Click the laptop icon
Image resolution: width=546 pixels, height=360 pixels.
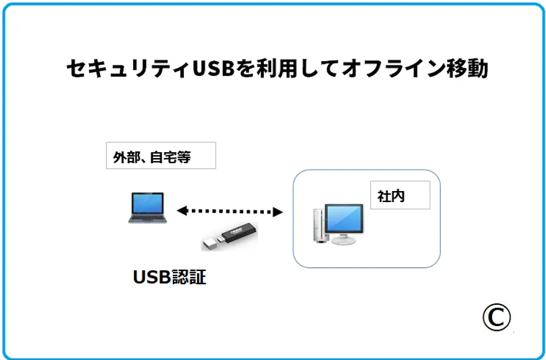pyautogui.click(x=148, y=207)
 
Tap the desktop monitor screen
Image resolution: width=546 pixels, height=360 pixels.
pyautogui.click(x=344, y=218)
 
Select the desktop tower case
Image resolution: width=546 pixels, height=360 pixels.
pyautogui.click(x=320, y=225)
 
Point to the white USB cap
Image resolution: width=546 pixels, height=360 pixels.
pyautogui.click(x=209, y=243)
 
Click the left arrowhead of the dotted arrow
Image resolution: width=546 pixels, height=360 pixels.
pyautogui.click(x=182, y=211)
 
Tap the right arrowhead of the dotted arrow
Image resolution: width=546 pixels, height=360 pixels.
pyautogui.click(x=277, y=212)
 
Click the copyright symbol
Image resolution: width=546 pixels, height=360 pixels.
pyautogui.click(x=497, y=317)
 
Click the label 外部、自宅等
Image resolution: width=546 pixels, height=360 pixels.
pyautogui.click(x=152, y=157)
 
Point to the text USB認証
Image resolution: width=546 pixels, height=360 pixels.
pyautogui.click(x=170, y=277)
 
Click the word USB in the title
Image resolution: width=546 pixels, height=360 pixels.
pyautogui.click(x=213, y=69)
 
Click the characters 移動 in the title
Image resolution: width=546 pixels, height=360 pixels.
pyautogui.click(x=469, y=69)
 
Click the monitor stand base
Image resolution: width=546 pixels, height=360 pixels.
pyautogui.click(x=343, y=240)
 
